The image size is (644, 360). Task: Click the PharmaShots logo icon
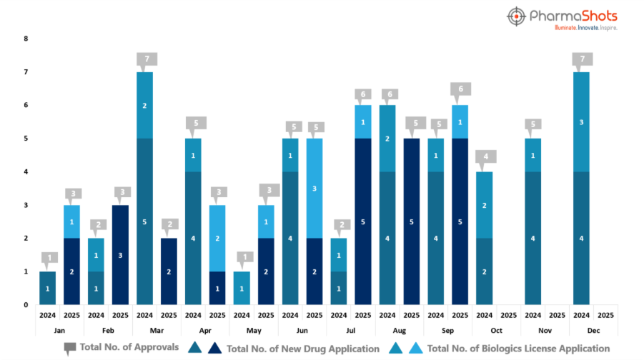pos(517,17)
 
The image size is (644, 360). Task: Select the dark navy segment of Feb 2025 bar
pos(120,255)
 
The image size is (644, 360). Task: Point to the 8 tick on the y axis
pos(26,39)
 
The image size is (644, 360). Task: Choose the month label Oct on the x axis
pos(496,331)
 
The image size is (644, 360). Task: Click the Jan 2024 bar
pos(47,288)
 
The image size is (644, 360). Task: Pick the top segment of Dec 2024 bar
pos(580,122)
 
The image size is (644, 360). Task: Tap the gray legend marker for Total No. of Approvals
pos(69,349)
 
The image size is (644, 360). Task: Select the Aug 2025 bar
pos(412,221)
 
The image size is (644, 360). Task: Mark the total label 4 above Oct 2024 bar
pos(485,156)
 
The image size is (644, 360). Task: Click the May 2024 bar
pos(242,288)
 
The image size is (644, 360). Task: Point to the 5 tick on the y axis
pos(26,139)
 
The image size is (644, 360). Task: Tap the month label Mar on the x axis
pos(157,331)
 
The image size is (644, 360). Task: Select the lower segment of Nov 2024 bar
pos(532,239)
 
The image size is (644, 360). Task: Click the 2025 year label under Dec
pos(605,314)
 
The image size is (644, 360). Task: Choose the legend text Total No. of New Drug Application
pos(302,349)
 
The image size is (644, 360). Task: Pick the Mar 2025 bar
pos(169,271)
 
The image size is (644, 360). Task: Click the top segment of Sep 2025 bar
pos(460,122)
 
